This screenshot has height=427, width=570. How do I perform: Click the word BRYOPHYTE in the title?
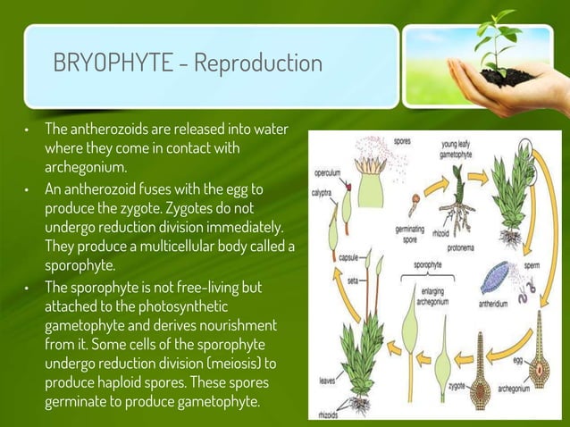[114, 64]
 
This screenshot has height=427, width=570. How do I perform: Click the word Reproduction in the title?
[258, 64]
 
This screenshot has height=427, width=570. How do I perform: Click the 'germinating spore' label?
[410, 232]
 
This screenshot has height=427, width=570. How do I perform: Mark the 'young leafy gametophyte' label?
[462, 149]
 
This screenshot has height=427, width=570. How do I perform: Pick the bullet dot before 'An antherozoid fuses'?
[28, 189]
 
